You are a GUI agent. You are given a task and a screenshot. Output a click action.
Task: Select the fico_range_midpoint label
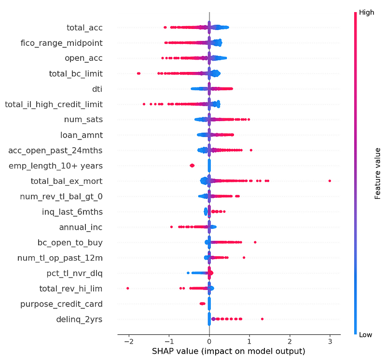click(x=68, y=43)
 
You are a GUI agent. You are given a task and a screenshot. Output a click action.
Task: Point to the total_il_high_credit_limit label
click(x=53, y=104)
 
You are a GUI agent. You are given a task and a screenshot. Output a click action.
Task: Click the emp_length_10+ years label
click(x=55, y=166)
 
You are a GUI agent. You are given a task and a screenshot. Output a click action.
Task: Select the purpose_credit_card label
click(x=61, y=304)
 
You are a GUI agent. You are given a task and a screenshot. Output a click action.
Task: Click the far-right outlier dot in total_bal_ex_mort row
click(x=330, y=180)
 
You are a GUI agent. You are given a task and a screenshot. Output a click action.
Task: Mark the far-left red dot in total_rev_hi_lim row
click(x=127, y=288)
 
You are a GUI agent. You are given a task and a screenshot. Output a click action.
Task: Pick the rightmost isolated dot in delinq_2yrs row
click(x=262, y=319)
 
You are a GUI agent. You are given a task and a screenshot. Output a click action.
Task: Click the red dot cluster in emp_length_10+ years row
click(x=192, y=166)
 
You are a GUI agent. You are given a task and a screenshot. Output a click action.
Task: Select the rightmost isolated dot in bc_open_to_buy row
click(x=255, y=242)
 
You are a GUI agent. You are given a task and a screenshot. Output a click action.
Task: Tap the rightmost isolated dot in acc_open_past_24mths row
click(x=251, y=150)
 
